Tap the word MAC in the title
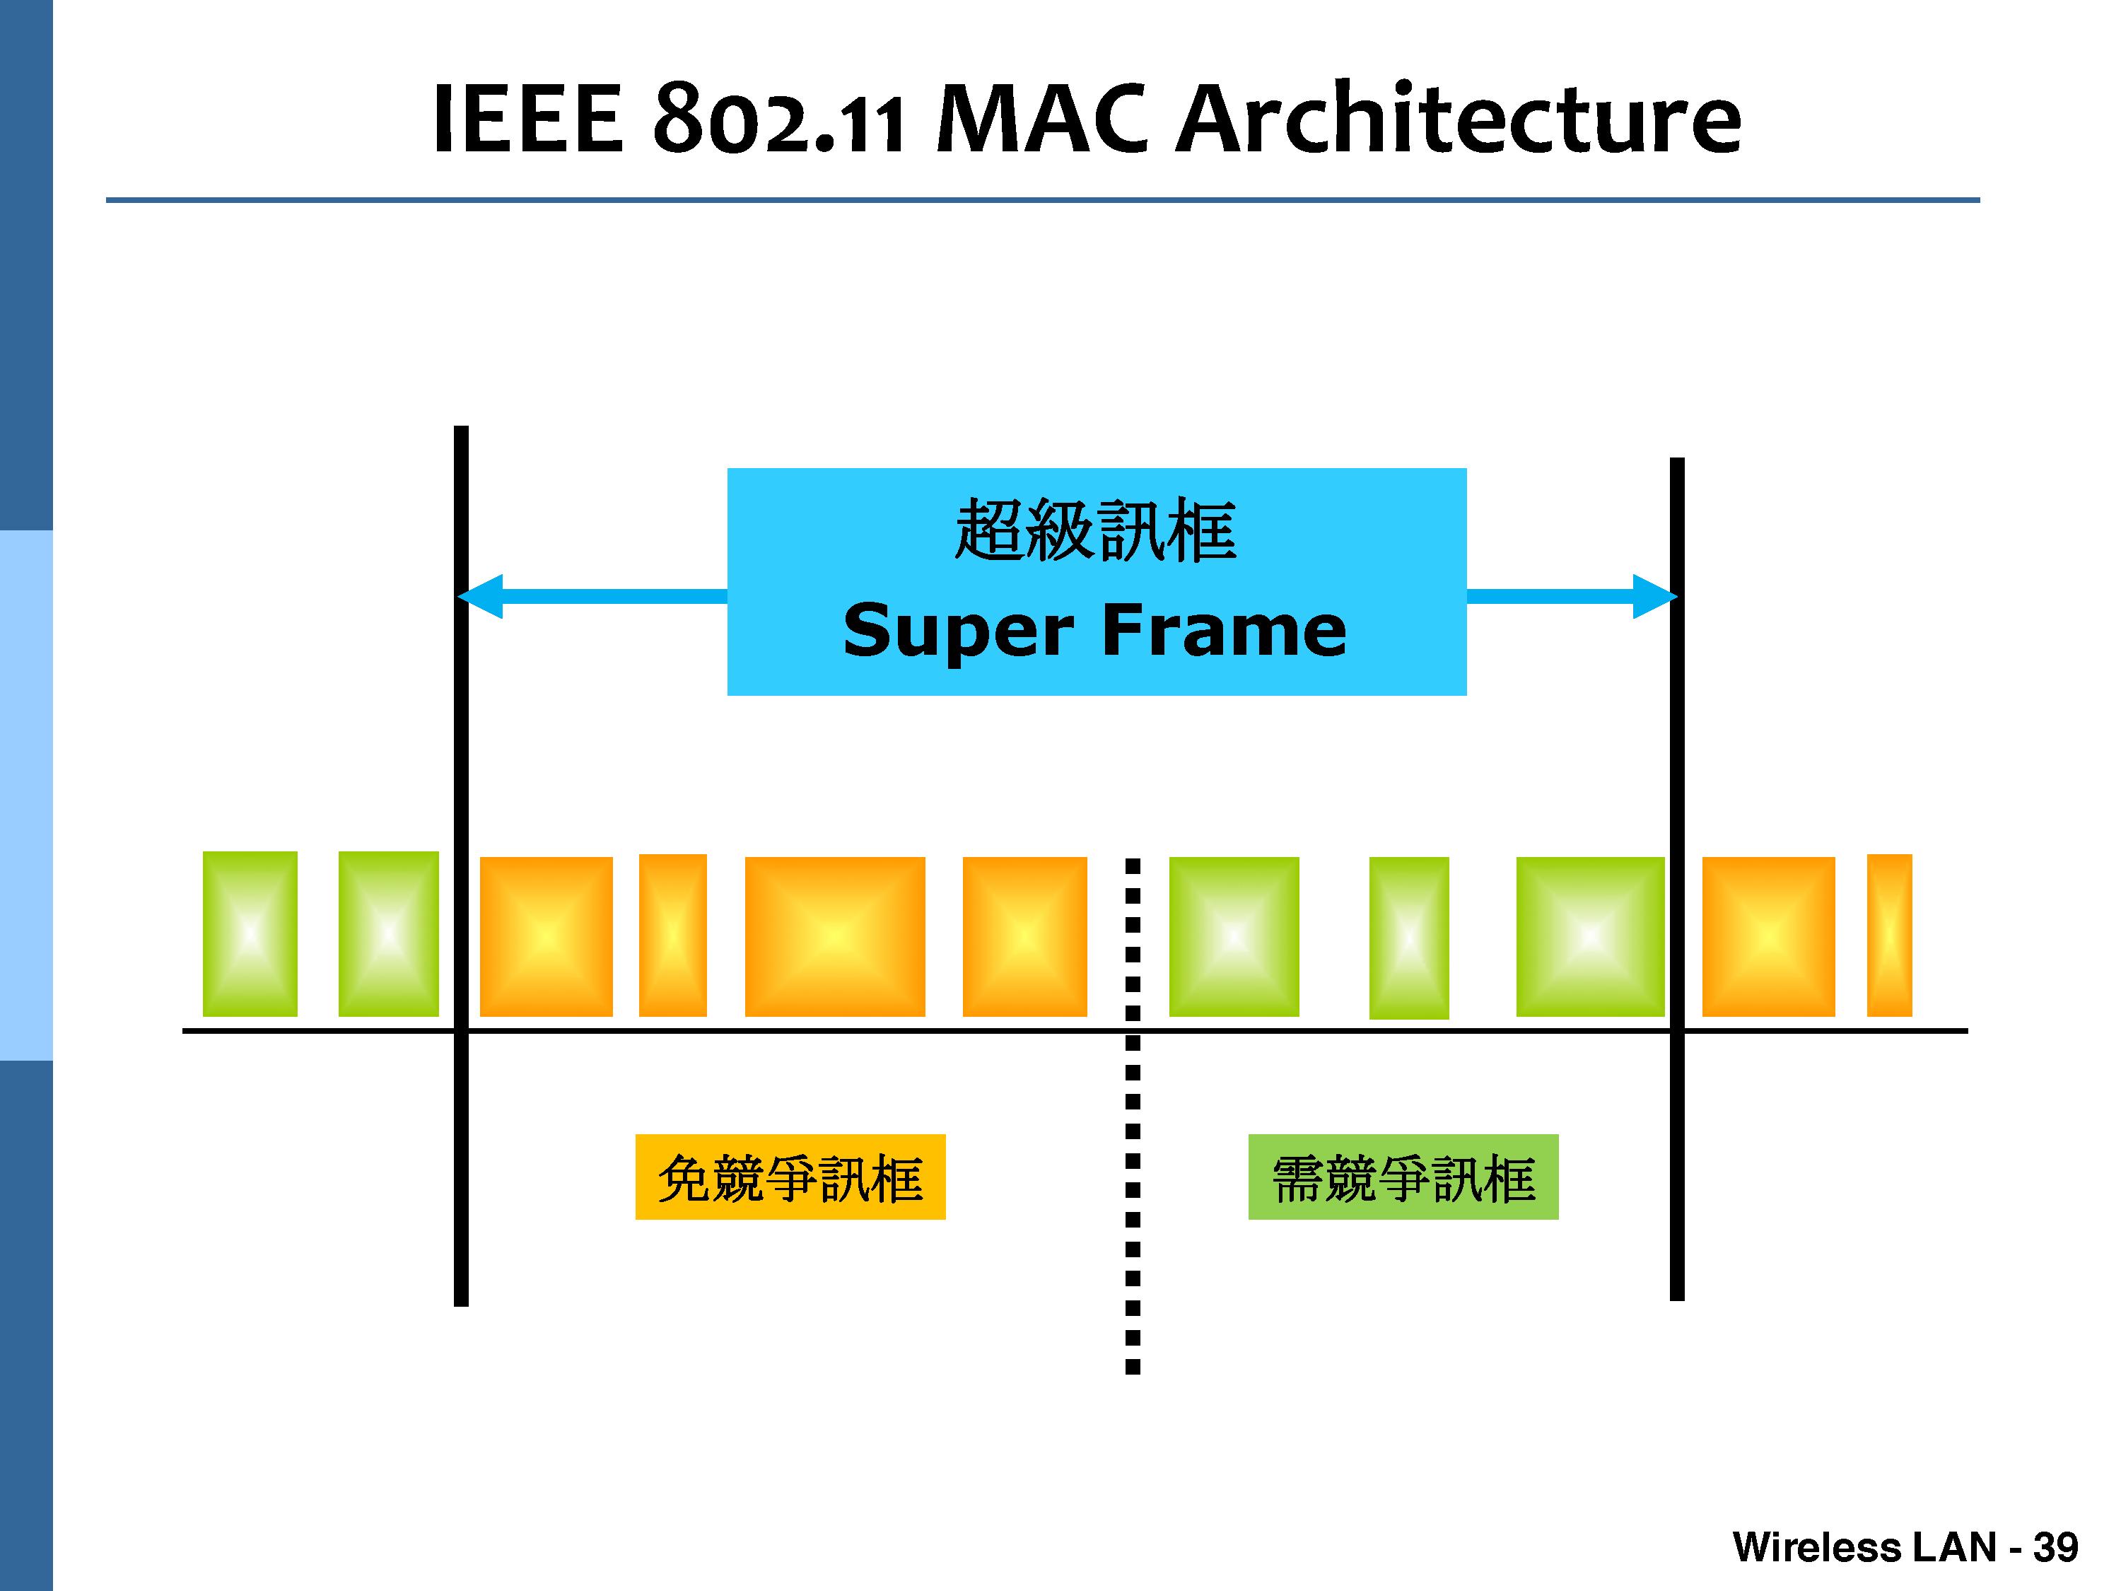[1041, 120]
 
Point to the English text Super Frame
[1095, 630]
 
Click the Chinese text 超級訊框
[1095, 530]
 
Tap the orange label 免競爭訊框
[790, 1177]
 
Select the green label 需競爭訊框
[1403, 1177]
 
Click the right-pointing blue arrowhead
[1654, 597]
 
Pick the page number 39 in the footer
[2055, 1547]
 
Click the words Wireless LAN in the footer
[1863, 1547]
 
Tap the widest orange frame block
[834, 936]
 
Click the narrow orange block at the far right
[1889, 935]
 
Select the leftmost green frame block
[250, 933]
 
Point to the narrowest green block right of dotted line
[1408, 937]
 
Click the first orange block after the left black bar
[546, 936]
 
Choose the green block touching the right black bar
[1590, 936]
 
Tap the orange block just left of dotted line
[1024, 936]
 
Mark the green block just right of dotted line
[1234, 936]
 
